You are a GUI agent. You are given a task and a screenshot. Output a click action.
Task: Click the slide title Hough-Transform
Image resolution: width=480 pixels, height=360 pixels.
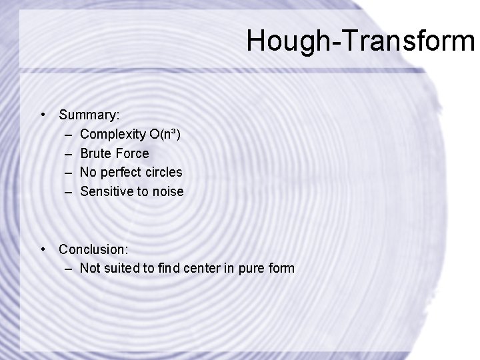click(x=360, y=40)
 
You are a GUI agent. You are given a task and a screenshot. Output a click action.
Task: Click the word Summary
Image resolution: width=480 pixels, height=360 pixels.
click(x=83, y=115)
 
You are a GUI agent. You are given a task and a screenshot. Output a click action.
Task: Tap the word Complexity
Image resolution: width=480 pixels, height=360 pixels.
click(x=109, y=135)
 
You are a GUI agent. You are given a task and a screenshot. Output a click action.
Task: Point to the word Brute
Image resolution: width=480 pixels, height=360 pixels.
click(x=95, y=153)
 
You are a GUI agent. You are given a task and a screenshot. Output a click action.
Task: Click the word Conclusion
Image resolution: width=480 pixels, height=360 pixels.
click(x=93, y=249)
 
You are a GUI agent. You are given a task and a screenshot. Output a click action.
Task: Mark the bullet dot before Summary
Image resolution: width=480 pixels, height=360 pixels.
click(x=43, y=115)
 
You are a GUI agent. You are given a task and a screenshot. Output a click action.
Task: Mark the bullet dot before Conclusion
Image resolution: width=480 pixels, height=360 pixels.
click(x=43, y=249)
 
